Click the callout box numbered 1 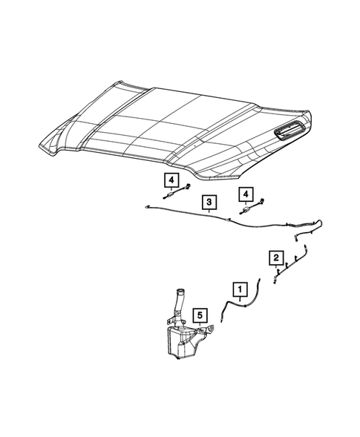240,287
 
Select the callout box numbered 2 276,257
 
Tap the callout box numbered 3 209,201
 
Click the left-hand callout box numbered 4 170,180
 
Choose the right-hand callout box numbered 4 243,194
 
